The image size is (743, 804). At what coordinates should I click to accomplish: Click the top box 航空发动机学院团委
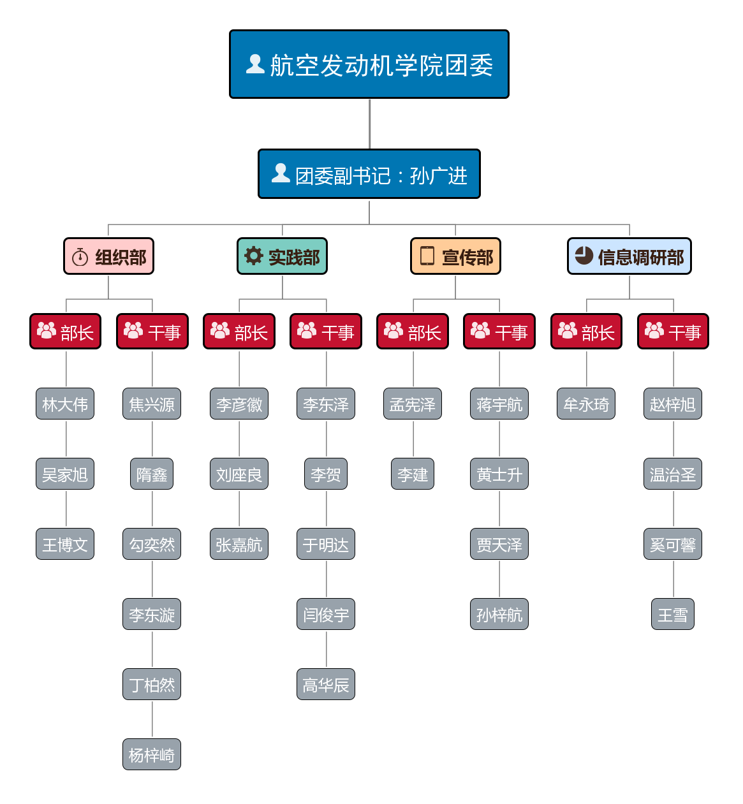point(369,64)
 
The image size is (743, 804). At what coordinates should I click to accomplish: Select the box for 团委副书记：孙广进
point(369,174)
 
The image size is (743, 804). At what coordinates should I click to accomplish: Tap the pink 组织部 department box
point(109,256)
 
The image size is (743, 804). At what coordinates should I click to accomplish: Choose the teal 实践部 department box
point(283,256)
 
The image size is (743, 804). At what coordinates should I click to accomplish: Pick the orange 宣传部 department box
point(455,256)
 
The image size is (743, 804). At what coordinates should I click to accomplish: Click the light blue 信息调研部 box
point(629,256)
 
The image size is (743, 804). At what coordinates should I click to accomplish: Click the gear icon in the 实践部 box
point(254,256)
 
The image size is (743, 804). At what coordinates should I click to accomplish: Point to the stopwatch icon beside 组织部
point(80,257)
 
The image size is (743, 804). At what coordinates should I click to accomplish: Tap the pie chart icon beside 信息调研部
point(584,255)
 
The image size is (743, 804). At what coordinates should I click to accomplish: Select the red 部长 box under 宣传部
point(413,332)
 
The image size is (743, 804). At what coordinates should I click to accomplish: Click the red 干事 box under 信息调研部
point(673,332)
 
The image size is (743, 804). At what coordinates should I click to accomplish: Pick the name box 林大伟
point(65,404)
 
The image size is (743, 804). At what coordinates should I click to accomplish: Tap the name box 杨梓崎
point(152,754)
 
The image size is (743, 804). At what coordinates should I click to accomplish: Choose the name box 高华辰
point(326,684)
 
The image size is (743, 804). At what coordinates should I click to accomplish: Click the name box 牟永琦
point(586,404)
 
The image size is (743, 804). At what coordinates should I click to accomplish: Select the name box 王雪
point(673,614)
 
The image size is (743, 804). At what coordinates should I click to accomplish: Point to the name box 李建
point(413,474)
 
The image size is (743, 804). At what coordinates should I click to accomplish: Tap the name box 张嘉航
point(239,544)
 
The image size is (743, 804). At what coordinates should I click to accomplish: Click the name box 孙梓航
point(499,614)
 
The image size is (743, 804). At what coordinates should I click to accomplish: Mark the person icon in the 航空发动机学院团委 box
point(255,64)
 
